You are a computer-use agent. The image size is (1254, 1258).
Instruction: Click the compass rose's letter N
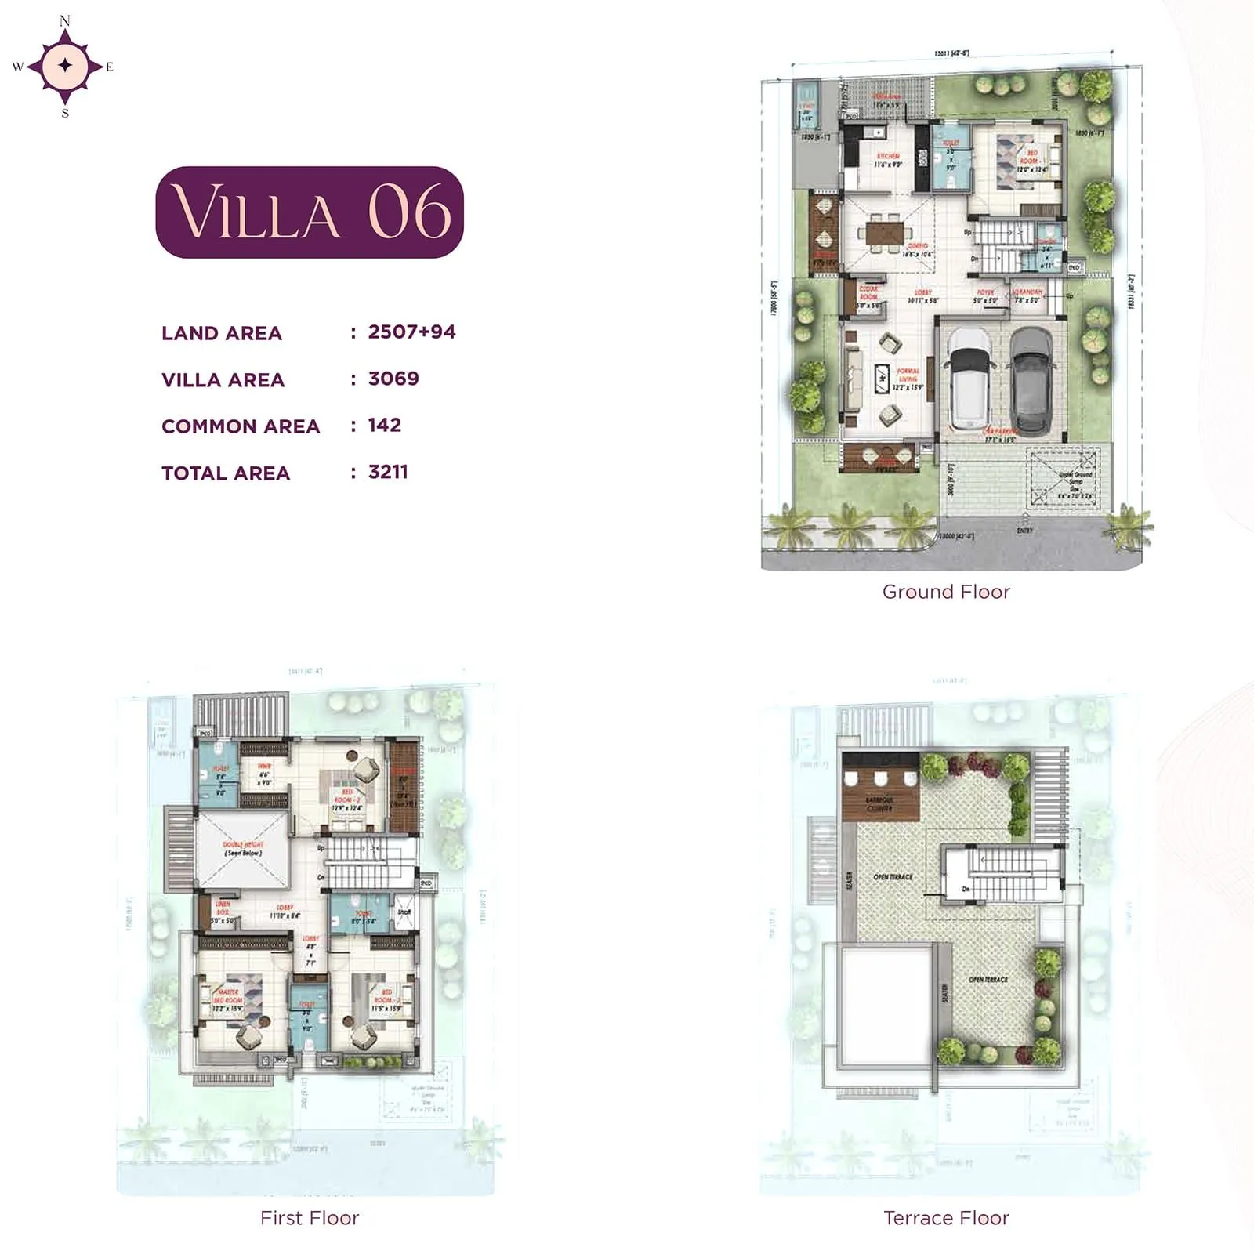(65, 21)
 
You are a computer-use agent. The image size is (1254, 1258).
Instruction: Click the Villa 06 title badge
(310, 212)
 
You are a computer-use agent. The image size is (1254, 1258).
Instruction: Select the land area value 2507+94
(411, 332)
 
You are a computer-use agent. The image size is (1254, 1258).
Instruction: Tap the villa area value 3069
(393, 379)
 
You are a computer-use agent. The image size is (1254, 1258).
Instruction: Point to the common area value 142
(385, 425)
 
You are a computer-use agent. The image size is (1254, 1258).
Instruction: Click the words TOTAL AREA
(226, 473)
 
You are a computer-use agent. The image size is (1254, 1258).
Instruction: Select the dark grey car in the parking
(1031, 382)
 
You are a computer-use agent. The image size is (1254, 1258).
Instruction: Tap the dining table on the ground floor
(884, 233)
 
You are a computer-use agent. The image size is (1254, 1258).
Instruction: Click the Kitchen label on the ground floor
(888, 156)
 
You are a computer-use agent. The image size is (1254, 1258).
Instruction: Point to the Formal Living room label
(908, 375)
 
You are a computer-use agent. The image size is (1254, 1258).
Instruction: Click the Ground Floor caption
(946, 592)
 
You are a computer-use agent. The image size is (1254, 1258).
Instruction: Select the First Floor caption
(310, 1217)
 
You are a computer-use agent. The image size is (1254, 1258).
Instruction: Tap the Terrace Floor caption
(946, 1217)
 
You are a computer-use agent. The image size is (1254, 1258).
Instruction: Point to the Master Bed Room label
(228, 996)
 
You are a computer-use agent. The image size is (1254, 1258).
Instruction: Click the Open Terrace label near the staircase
(893, 877)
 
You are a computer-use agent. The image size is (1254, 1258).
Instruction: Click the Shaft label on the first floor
(404, 912)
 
